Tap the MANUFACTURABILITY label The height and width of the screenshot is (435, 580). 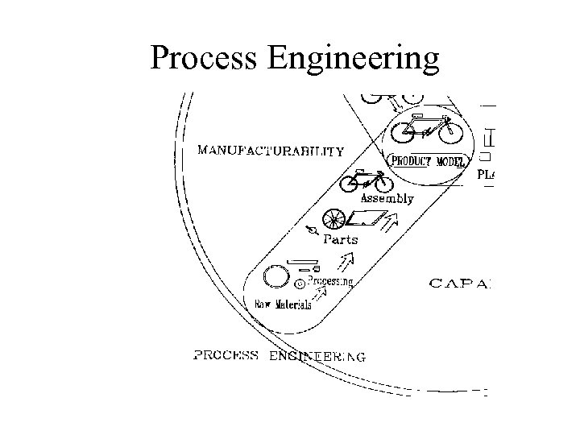point(271,150)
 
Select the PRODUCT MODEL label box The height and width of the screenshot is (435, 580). point(428,160)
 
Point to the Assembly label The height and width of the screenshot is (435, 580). point(387,198)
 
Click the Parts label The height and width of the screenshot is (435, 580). point(340,239)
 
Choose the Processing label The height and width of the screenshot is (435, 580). point(330,281)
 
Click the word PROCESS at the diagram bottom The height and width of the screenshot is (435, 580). point(226,355)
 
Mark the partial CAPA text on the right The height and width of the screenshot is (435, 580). point(460,283)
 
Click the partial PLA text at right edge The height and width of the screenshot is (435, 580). point(486,173)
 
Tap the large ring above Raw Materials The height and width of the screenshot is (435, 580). point(277,275)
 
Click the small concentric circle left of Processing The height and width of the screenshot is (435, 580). point(299,283)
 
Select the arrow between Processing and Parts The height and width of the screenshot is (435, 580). point(347,259)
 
